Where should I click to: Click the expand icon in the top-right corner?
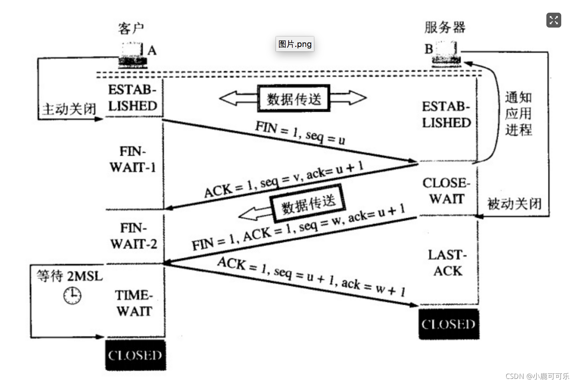(x=553, y=20)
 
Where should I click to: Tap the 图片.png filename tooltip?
(x=295, y=44)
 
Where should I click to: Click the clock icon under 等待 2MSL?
(x=72, y=295)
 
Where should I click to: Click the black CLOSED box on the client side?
(x=135, y=355)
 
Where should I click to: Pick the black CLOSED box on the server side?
(x=449, y=324)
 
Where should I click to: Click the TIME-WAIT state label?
(x=134, y=303)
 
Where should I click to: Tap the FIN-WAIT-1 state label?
(x=133, y=159)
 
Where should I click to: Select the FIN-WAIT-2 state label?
(x=134, y=236)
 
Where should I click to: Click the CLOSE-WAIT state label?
(x=446, y=190)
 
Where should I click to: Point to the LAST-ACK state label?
(x=447, y=263)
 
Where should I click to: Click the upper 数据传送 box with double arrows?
(x=294, y=99)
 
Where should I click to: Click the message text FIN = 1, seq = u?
(x=300, y=133)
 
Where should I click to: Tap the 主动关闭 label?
(x=69, y=109)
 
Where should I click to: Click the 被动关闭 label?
(x=514, y=204)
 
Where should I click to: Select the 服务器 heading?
(x=445, y=27)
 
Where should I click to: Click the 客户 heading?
(x=131, y=28)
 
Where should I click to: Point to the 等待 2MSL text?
(x=70, y=276)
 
